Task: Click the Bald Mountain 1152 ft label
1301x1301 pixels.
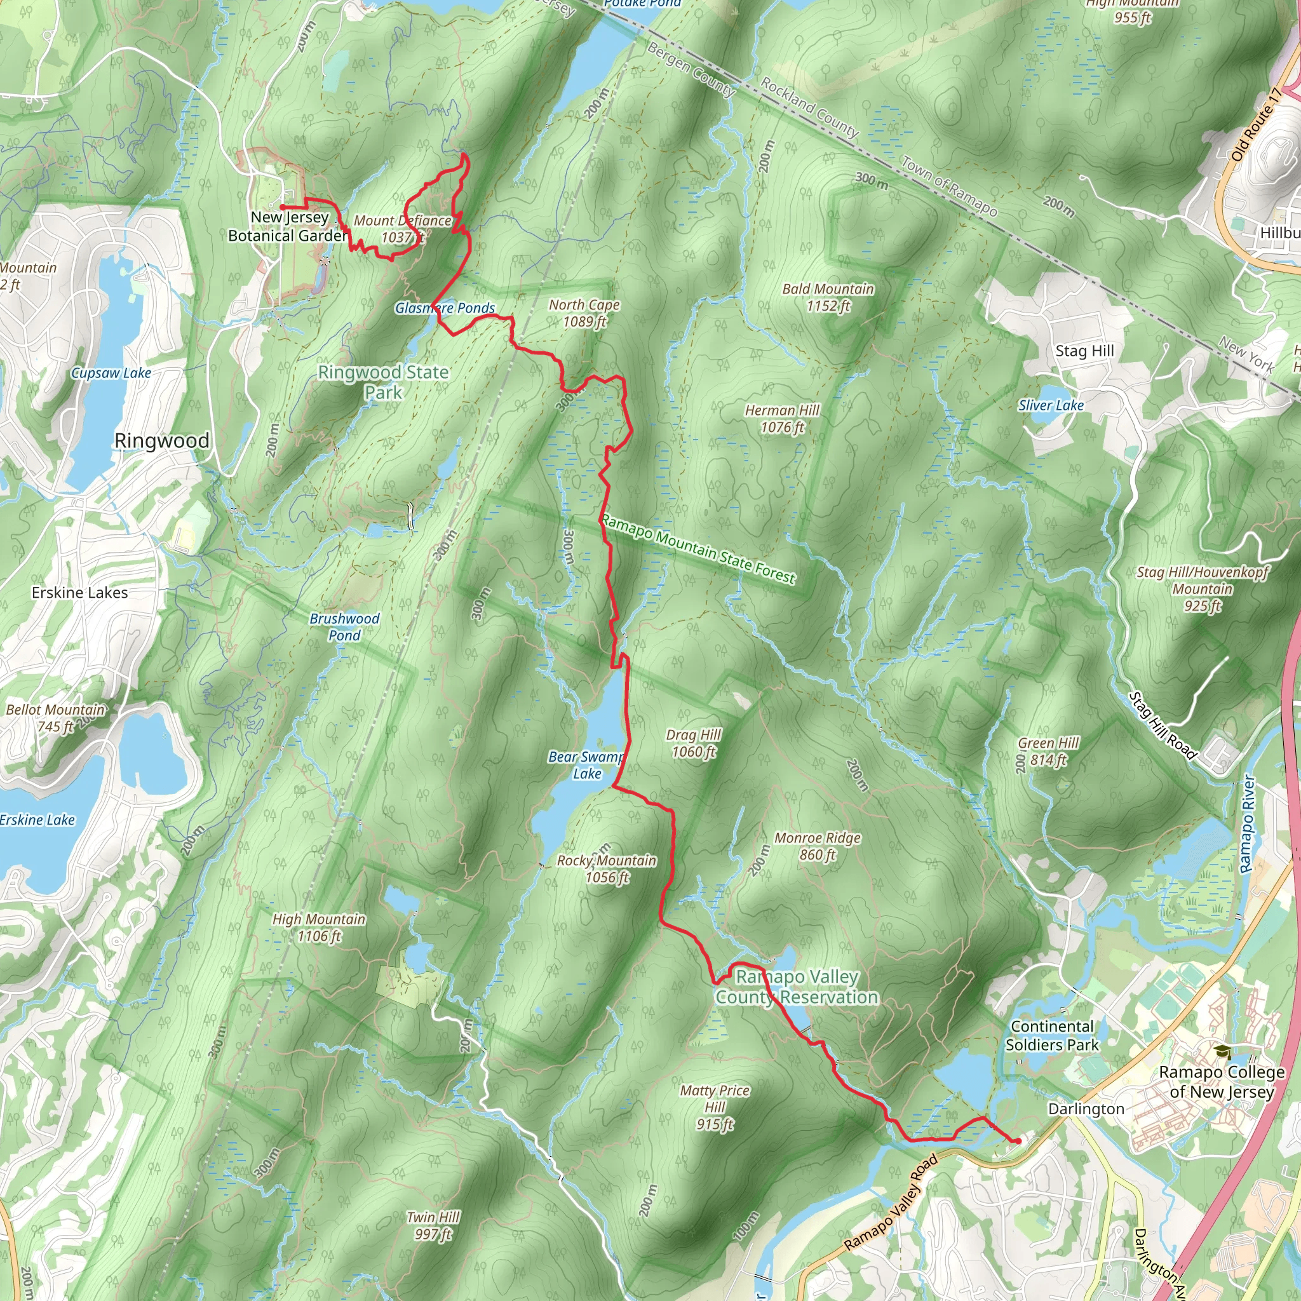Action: point(828,297)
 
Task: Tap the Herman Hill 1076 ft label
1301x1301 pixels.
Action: point(782,418)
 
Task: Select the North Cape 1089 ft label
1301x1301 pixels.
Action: point(584,313)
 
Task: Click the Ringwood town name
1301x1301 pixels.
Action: point(161,440)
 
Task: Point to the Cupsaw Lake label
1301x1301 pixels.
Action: point(111,372)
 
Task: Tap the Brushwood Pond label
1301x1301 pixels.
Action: point(344,626)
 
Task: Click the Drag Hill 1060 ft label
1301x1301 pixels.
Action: point(693,743)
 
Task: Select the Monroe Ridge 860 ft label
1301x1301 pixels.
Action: point(817,846)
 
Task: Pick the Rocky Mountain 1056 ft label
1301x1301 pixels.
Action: point(606,868)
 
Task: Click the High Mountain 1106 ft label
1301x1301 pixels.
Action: point(318,927)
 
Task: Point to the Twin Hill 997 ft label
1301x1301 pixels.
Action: point(433,1225)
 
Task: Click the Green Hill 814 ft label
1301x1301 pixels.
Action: point(1048,751)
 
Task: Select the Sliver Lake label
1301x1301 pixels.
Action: point(1051,405)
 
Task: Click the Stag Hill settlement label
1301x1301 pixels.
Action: point(1084,350)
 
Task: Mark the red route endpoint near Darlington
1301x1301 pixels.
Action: point(1018,1141)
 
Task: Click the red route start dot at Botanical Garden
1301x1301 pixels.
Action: point(283,206)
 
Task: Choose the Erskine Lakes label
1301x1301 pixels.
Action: point(79,592)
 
